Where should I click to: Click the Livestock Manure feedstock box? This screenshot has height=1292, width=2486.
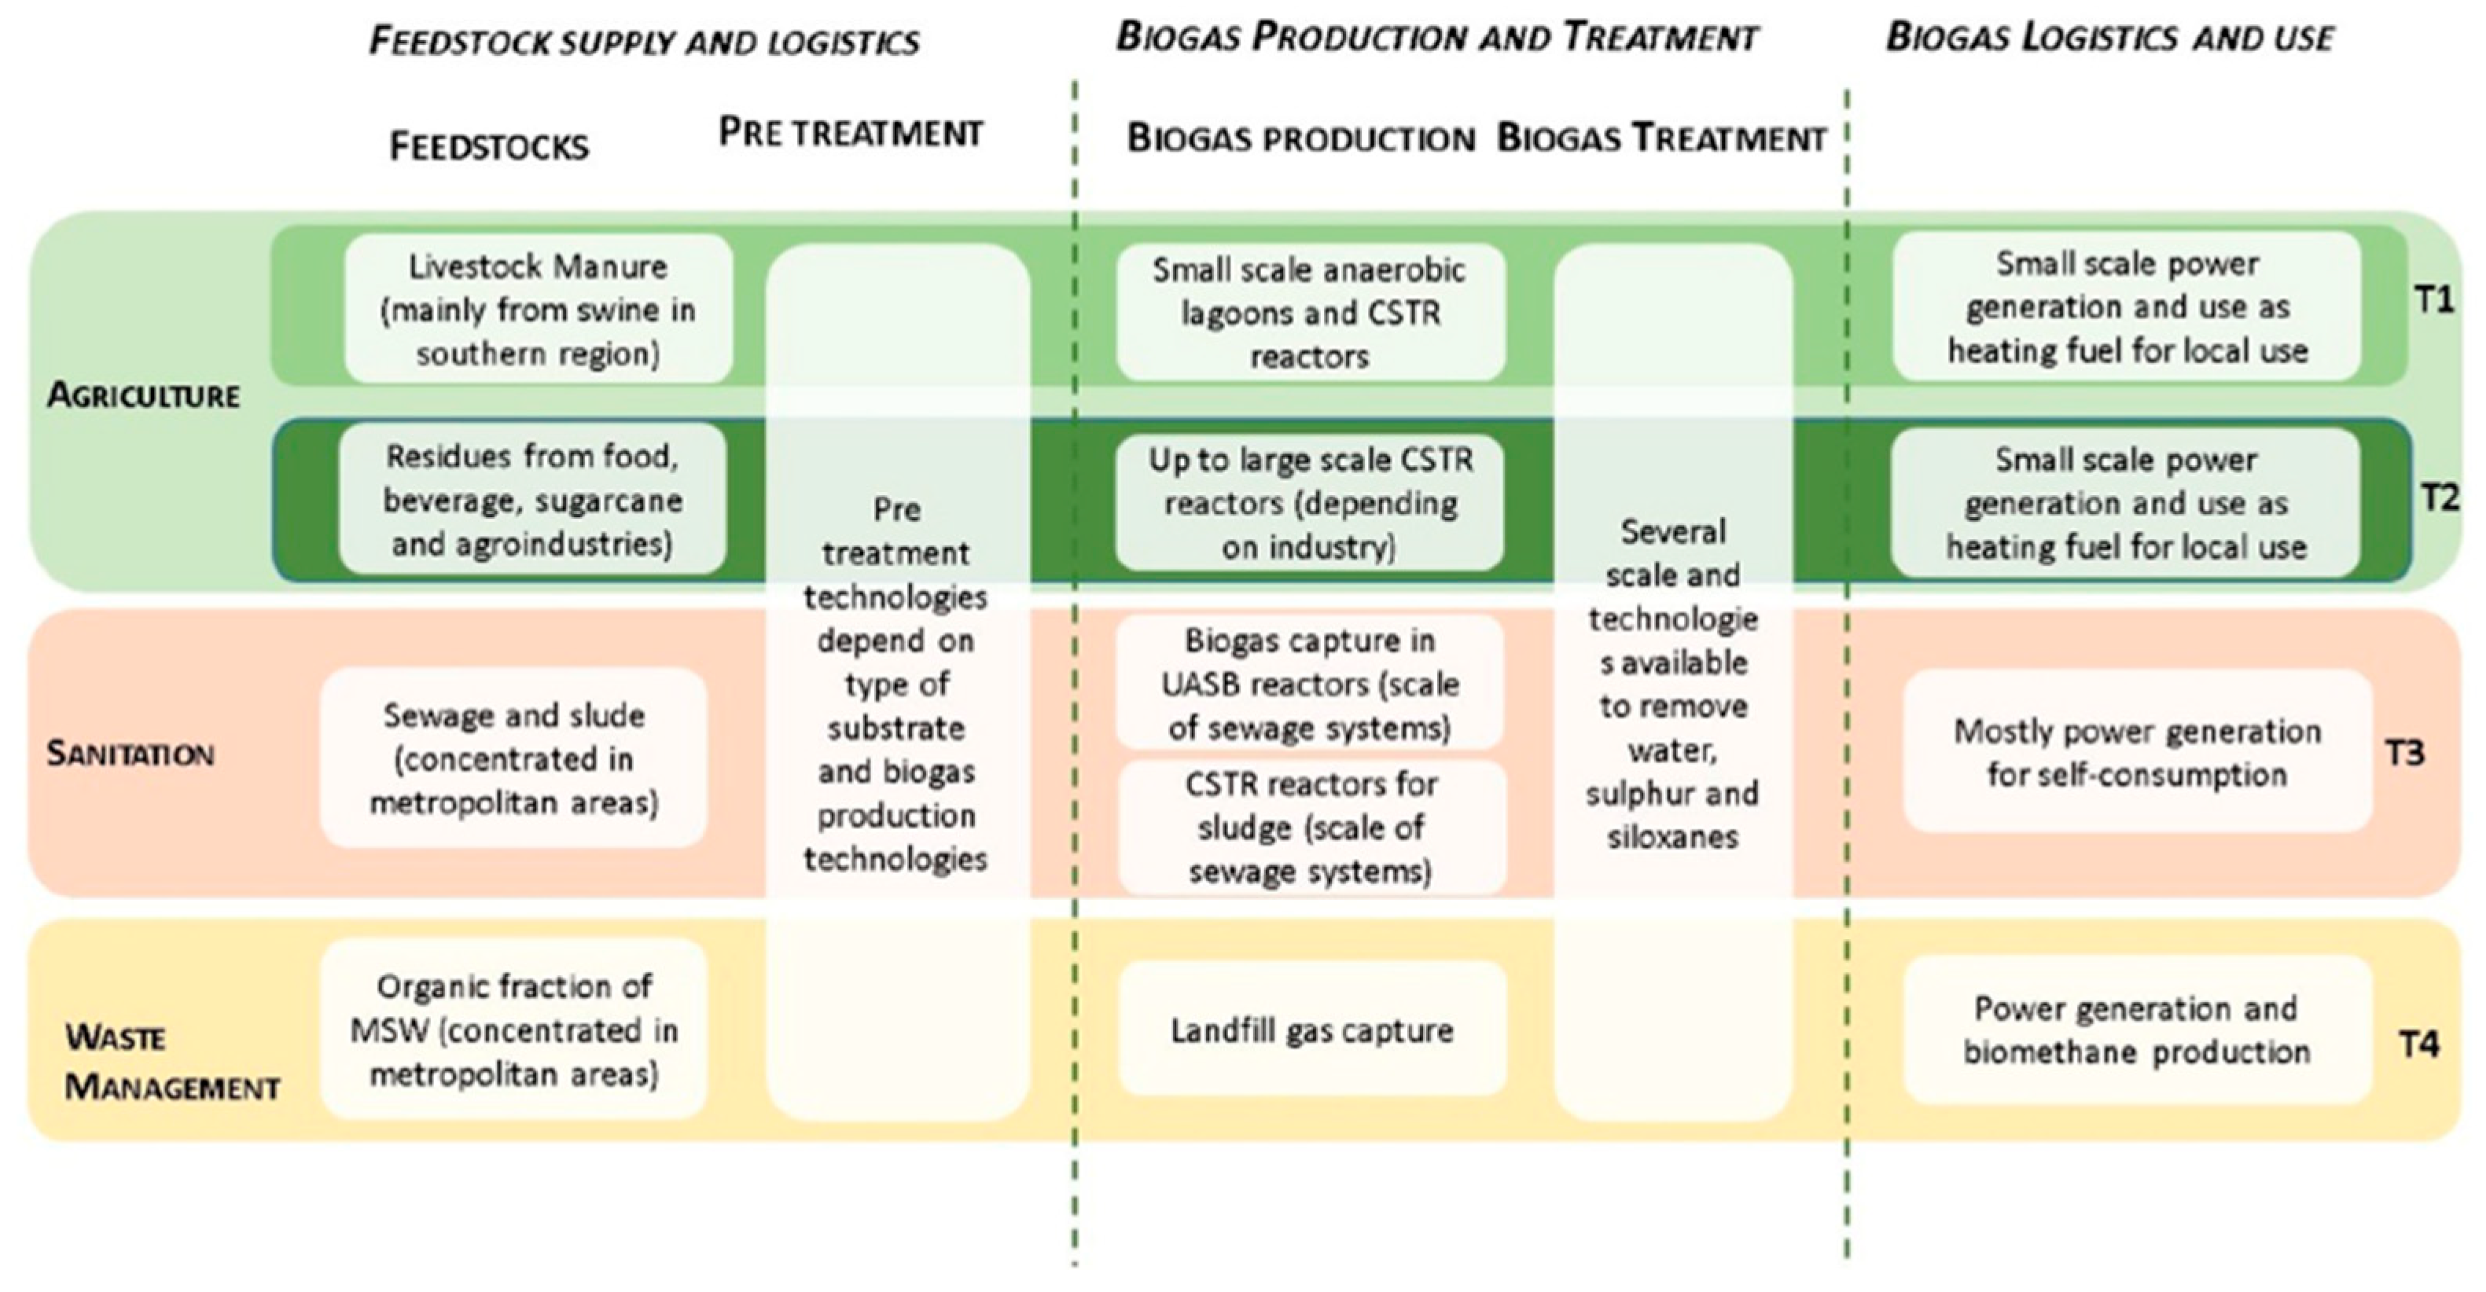click(x=538, y=309)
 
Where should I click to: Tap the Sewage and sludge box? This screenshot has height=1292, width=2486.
click(x=513, y=758)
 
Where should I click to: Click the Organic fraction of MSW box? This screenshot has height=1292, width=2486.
click(x=513, y=1030)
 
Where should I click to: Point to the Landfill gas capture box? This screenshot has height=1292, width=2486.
click(x=1311, y=1030)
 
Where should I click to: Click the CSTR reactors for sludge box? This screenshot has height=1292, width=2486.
click(x=1311, y=828)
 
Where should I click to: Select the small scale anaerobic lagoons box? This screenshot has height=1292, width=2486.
click(x=1310, y=313)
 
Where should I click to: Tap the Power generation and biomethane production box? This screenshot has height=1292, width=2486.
click(x=2137, y=1030)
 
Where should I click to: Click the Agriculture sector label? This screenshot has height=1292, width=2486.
click(x=143, y=395)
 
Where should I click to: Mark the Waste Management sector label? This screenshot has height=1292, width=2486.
click(x=171, y=1063)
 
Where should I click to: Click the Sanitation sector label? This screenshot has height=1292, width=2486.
click(x=131, y=754)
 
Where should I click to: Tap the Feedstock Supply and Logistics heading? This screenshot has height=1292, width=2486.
click(x=644, y=42)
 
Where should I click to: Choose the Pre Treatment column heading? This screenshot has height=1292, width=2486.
click(x=850, y=133)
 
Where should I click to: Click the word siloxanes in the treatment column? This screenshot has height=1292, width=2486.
click(x=1672, y=836)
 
